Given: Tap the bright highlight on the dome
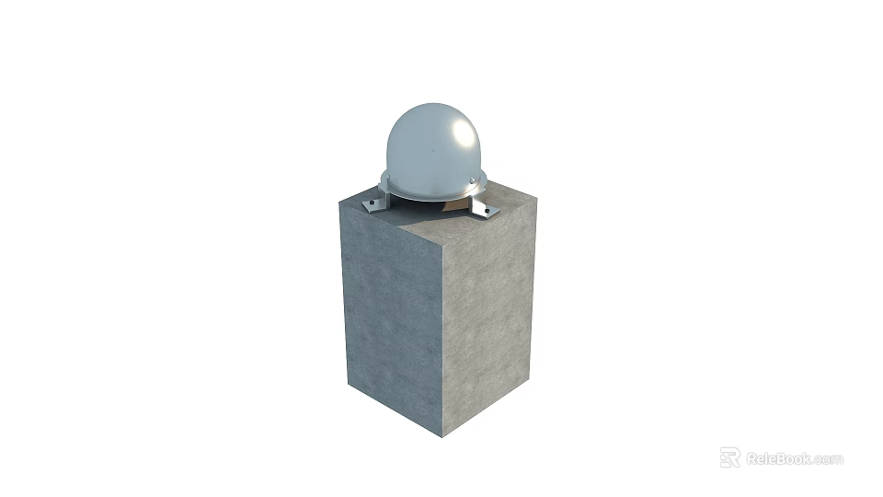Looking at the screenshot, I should (456, 137).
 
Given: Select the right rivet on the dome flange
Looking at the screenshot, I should (472, 179).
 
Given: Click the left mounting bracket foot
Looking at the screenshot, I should (373, 204).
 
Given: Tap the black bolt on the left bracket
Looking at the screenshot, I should (371, 203).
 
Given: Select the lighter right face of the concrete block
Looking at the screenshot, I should (487, 313).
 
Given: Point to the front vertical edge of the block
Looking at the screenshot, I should (442, 341).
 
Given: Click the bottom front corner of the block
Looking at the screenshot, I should (442, 436).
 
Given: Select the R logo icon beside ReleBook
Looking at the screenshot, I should (729, 457).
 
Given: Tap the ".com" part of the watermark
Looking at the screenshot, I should (828, 458).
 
